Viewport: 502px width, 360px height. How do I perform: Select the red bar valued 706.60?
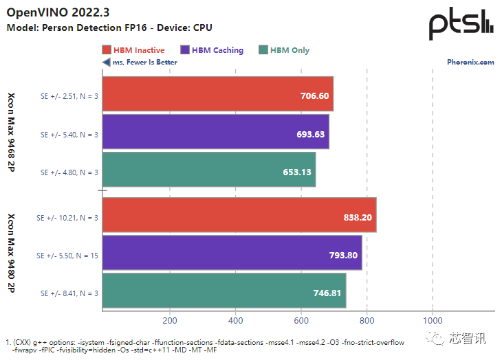(217, 96)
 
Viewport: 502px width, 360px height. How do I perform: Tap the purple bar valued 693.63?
(215, 134)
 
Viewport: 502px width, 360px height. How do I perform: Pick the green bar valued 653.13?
(208, 172)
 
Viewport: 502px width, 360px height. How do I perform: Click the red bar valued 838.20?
(239, 217)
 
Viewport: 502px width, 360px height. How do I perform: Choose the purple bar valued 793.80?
(232, 255)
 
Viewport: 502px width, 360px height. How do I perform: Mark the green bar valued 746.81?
(224, 293)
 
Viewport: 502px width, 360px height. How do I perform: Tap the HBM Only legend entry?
(284, 50)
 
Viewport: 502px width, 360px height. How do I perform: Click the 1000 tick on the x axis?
(433, 321)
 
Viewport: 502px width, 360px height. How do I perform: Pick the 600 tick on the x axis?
(301, 321)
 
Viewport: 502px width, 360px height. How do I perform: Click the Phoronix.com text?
(471, 63)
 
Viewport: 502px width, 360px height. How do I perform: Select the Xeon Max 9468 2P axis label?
(12, 133)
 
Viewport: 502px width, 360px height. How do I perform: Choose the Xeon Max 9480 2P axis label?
(12, 254)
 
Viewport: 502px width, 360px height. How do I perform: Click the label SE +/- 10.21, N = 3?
(67, 217)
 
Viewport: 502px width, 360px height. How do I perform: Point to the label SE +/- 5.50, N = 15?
(67, 255)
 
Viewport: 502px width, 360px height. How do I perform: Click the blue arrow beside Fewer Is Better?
(106, 63)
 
